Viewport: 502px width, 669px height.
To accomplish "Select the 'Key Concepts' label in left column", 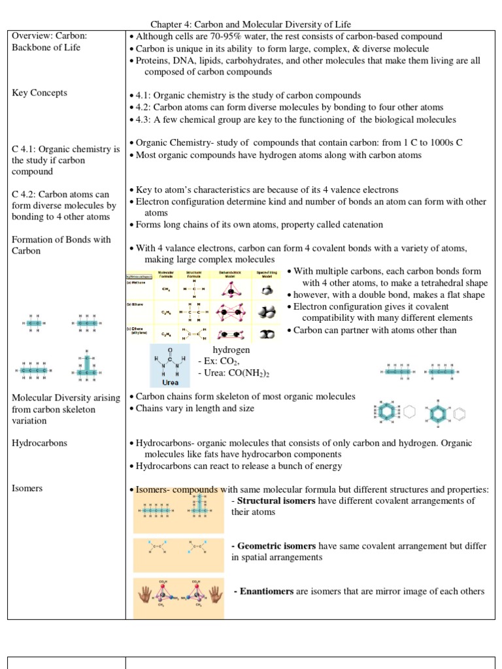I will coord(40,93).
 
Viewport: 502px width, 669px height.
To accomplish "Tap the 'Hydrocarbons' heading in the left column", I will coord(40,443).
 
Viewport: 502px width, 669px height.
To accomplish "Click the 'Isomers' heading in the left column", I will coord(27,489).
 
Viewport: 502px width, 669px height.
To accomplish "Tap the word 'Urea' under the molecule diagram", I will coord(170,383).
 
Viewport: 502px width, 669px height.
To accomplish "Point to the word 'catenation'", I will coord(360,225).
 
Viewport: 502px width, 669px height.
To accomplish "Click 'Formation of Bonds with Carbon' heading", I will coord(61,245).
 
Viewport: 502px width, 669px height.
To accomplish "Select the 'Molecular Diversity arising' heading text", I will coord(66,398).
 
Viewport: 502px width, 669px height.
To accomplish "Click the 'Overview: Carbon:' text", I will coord(50,36).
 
